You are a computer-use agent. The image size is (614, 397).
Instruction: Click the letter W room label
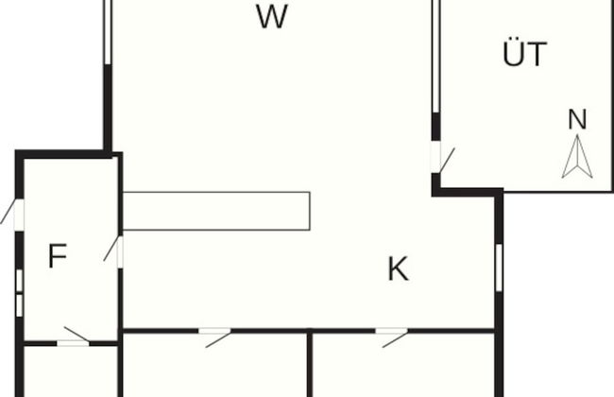pos(271,17)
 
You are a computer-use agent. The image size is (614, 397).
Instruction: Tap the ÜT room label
pos(524,55)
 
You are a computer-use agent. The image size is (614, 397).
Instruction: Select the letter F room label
pos(58,256)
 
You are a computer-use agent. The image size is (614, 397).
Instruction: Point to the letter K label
pos(398,269)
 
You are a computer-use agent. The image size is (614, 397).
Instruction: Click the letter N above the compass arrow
pos(577,120)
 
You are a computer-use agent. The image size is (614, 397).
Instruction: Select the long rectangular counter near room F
pos(216,211)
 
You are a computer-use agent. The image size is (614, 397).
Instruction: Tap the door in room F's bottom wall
pos(74,341)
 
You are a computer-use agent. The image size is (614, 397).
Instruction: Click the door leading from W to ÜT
pos(436,157)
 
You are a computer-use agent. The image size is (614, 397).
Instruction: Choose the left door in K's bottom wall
pos(215,332)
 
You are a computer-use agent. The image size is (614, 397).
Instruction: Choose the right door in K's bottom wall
pos(391,332)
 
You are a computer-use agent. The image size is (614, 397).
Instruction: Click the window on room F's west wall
pos(19,293)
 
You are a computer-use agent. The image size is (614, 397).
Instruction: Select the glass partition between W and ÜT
pos(436,57)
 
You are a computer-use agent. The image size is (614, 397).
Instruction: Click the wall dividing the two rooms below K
pos(310,365)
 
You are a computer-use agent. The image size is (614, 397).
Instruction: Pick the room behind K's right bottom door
pos(403,369)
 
